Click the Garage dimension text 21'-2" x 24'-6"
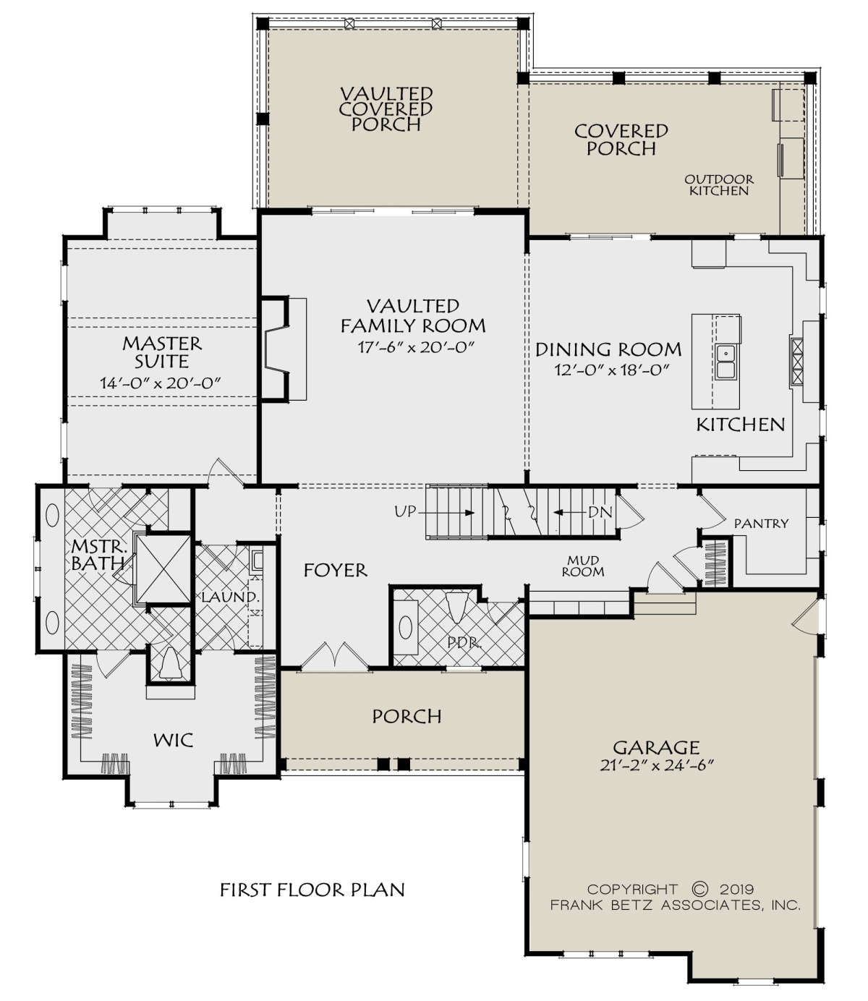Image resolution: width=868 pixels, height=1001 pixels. pyautogui.click(x=657, y=765)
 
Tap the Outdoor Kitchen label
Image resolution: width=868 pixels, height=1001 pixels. pyautogui.click(x=719, y=185)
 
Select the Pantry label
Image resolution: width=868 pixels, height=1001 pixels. pyautogui.click(x=761, y=524)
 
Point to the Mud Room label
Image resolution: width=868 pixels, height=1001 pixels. pyautogui.click(x=583, y=566)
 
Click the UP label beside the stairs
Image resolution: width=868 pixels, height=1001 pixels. pyautogui.click(x=405, y=511)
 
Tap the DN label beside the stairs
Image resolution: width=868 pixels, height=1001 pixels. pyautogui.click(x=600, y=512)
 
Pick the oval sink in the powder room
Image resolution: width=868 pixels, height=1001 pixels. pyautogui.click(x=405, y=628)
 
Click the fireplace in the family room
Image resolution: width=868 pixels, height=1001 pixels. pyautogui.click(x=276, y=349)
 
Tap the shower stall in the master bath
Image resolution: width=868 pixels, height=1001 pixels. pyautogui.click(x=163, y=568)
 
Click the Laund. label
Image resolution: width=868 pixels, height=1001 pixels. pyautogui.click(x=230, y=597)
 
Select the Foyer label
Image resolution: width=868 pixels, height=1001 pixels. pyautogui.click(x=335, y=570)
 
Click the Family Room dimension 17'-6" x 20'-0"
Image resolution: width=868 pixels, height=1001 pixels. pyautogui.click(x=415, y=347)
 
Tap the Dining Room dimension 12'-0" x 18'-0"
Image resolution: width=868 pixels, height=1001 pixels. pyautogui.click(x=612, y=370)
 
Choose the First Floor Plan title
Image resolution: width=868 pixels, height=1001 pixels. pyautogui.click(x=312, y=890)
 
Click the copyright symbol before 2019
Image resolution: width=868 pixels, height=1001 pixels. pyautogui.click(x=700, y=889)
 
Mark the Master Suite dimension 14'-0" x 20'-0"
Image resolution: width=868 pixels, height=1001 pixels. pyautogui.click(x=161, y=383)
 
